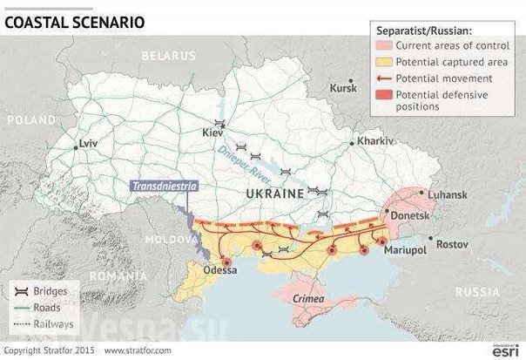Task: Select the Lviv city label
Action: point(88,140)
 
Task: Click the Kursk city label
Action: point(344,89)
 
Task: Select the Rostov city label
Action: point(453,243)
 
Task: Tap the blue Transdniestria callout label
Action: point(164,185)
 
